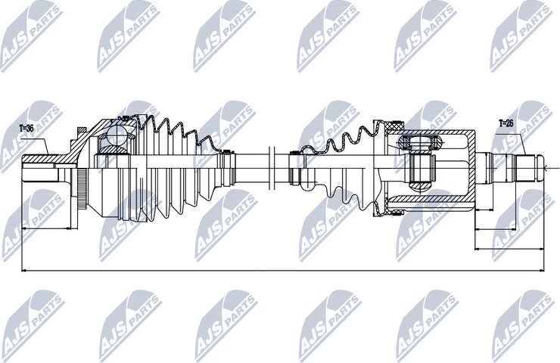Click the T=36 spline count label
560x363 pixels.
26,129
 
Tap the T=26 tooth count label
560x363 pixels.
506,124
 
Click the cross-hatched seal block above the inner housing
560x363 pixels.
394,126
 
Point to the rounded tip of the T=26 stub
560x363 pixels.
541,168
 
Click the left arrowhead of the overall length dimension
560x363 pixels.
24,271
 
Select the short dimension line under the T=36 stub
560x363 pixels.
46,228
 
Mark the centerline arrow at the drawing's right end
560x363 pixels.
547,168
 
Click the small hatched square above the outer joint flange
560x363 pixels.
82,130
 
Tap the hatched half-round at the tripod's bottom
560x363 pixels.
422,186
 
